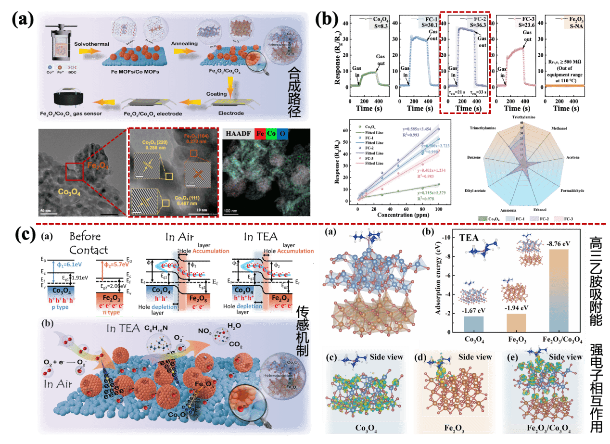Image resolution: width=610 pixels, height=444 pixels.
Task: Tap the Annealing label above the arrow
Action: (185, 44)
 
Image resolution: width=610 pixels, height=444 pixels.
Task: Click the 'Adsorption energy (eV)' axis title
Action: (438, 284)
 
